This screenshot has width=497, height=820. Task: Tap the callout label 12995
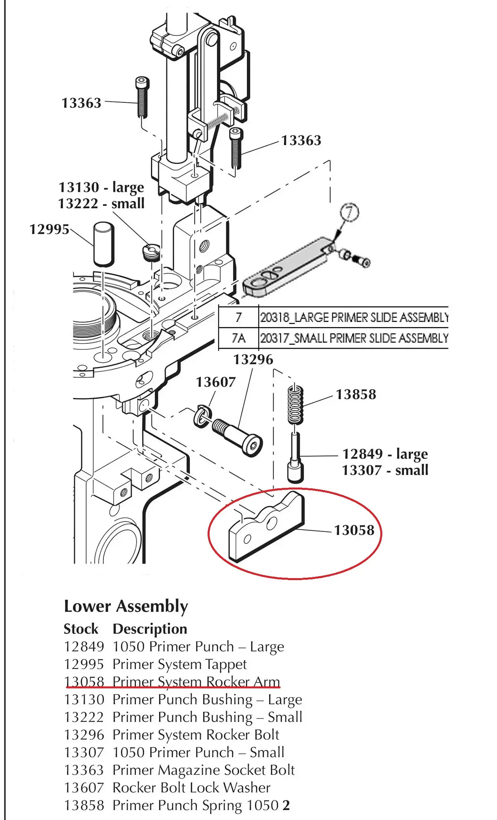tap(50, 229)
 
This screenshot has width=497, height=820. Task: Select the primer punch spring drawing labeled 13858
tap(296, 403)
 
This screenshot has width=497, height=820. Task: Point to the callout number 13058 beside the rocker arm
tap(354, 530)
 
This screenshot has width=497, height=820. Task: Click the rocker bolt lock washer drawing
tap(202, 415)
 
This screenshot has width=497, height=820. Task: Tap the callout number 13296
tap(253, 360)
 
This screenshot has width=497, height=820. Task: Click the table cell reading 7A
tap(239, 338)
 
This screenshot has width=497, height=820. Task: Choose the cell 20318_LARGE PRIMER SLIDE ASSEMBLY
tap(354, 317)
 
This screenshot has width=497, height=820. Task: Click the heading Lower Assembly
tap(126, 607)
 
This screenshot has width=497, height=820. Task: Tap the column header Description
tap(150, 629)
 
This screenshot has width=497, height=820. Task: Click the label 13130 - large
tap(101, 187)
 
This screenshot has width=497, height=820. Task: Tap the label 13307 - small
tap(385, 470)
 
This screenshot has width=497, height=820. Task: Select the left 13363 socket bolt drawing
tap(142, 98)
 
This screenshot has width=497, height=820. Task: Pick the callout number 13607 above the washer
tap(216, 382)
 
